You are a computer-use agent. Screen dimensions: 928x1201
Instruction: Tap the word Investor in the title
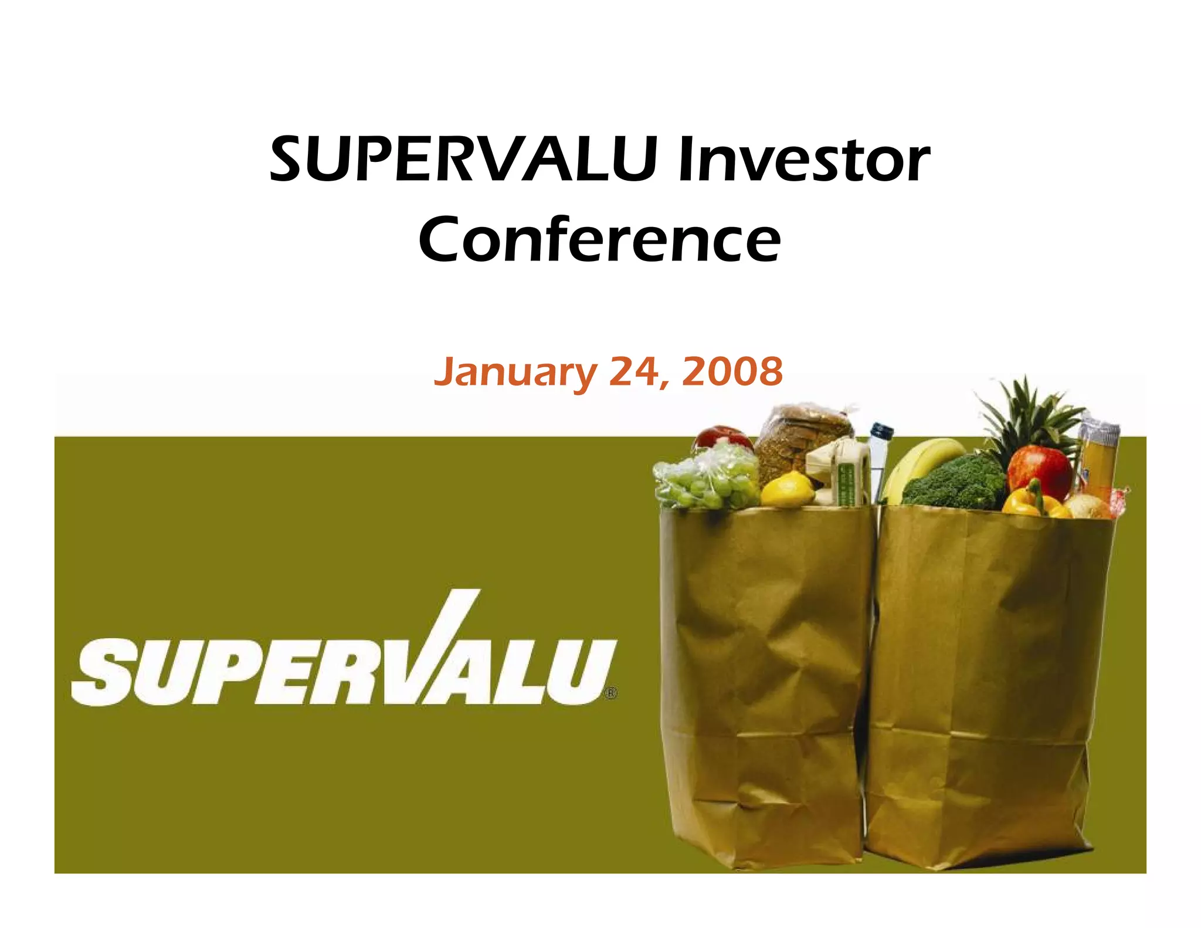tap(803, 159)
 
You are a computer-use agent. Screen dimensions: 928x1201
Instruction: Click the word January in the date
tap(515, 372)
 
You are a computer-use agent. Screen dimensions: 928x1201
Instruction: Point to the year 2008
tap(732, 371)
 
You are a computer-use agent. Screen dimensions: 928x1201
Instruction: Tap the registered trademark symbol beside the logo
tap(611, 693)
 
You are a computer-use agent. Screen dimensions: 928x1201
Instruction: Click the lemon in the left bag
tap(787, 490)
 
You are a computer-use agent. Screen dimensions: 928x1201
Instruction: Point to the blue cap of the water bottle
tap(881, 431)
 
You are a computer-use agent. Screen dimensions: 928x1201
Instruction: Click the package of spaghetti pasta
tap(1098, 458)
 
